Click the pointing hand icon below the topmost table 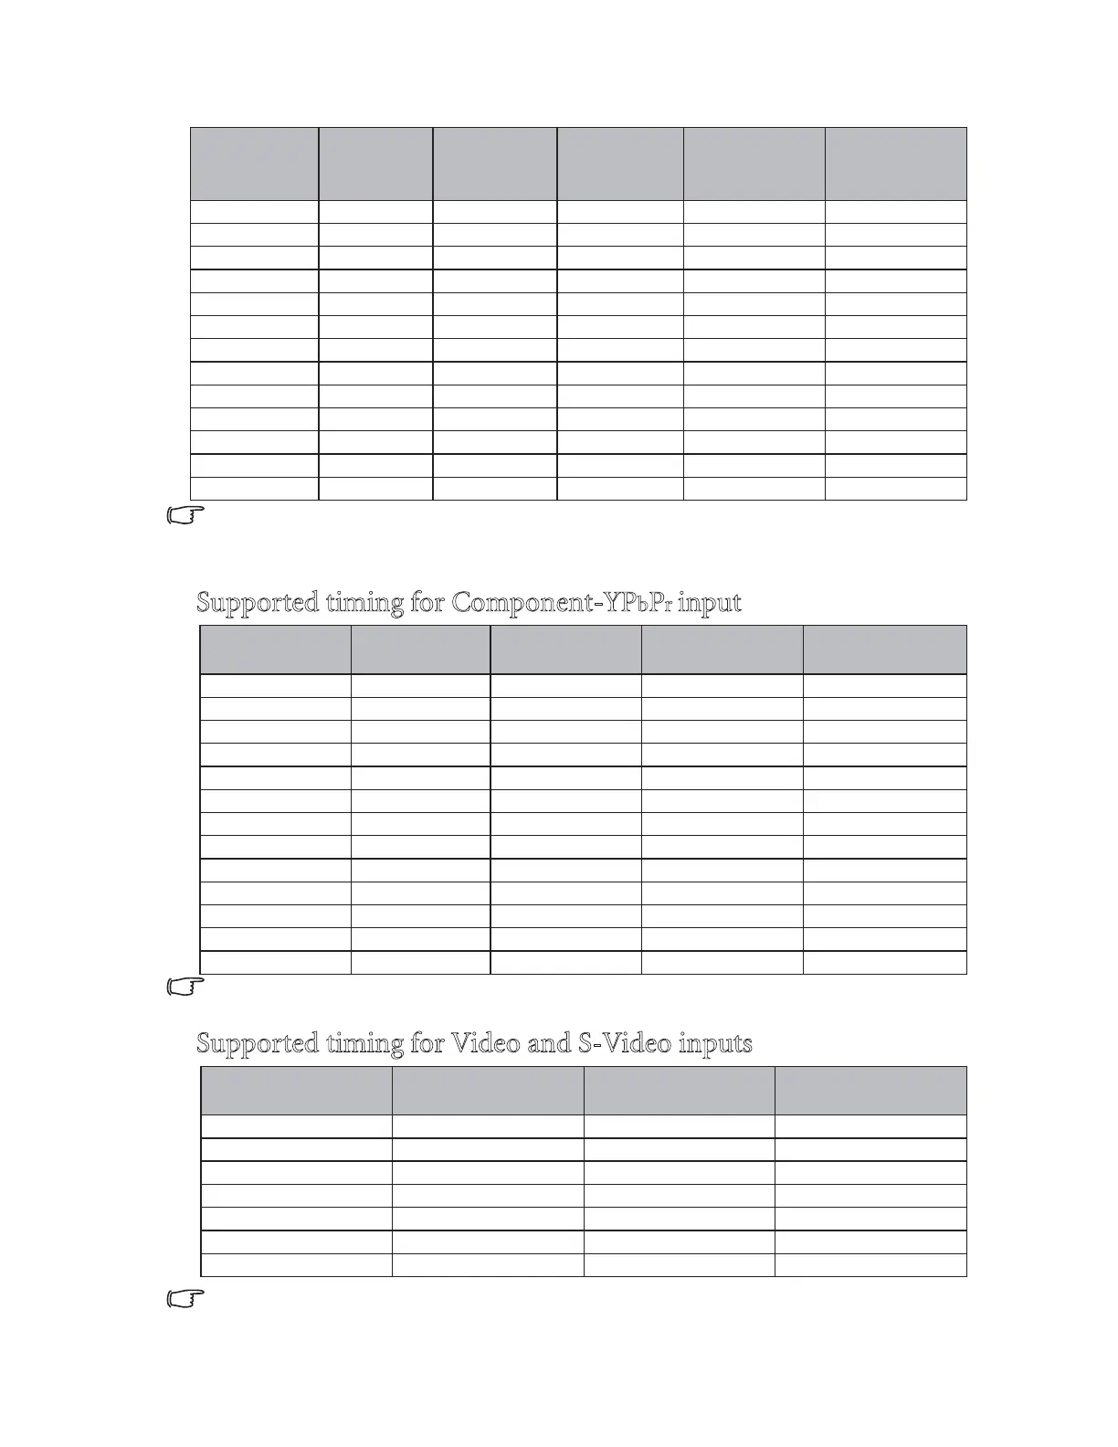(x=186, y=515)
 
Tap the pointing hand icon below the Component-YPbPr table (x=186, y=987)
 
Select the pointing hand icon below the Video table (x=186, y=1299)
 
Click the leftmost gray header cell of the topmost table (x=254, y=164)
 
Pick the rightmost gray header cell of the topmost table (x=895, y=164)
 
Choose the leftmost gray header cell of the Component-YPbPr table (x=275, y=650)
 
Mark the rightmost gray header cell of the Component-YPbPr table (x=884, y=650)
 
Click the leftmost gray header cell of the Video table (x=296, y=1090)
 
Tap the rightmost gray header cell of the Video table (x=870, y=1090)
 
